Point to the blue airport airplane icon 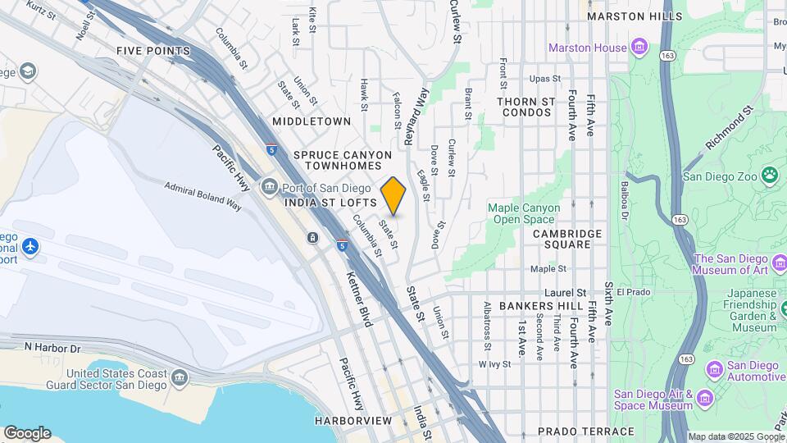(x=31, y=246)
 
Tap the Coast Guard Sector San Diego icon (x=180, y=378)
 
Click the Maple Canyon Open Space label (x=524, y=213)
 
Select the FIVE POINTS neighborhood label (x=153, y=51)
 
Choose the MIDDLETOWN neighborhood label (x=312, y=121)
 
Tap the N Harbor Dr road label (x=55, y=348)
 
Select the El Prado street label (x=633, y=292)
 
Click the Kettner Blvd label (x=359, y=299)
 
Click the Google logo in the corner (x=26, y=433)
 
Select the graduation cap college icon (x=28, y=72)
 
